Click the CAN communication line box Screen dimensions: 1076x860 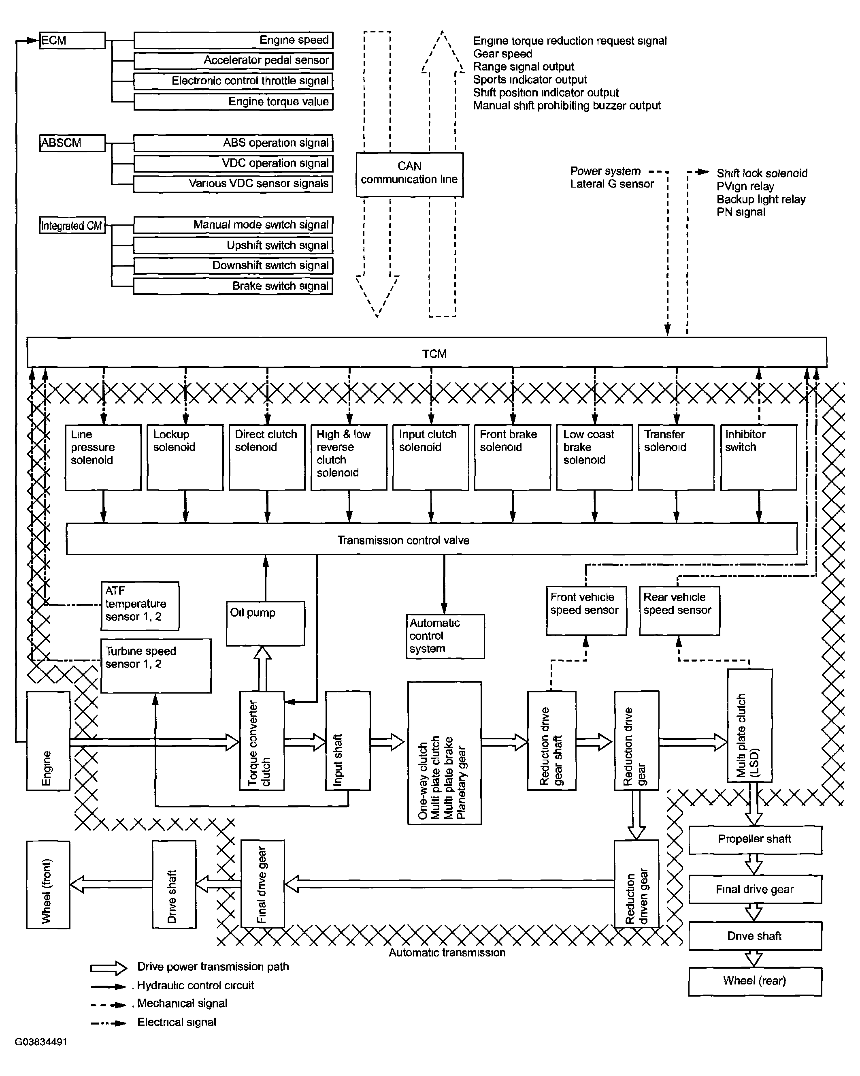coord(409,174)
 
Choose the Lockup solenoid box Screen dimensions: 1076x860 coord(185,457)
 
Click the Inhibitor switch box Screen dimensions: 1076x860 coord(758,457)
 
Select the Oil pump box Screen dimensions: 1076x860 coord(265,623)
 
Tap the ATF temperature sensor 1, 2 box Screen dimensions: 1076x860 coord(140,605)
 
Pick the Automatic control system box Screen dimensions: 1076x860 coord(445,636)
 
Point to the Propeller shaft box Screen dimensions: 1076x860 coord(755,839)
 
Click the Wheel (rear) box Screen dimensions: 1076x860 coord(755,981)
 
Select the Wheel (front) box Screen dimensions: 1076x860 coord(48,884)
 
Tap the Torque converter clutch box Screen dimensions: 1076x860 coord(262,740)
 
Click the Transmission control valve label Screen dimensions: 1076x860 coord(403,540)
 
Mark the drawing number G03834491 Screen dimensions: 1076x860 coord(41,1042)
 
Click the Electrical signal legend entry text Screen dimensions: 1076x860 coord(177,1022)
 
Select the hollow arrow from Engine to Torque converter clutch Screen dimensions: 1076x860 coord(155,742)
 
